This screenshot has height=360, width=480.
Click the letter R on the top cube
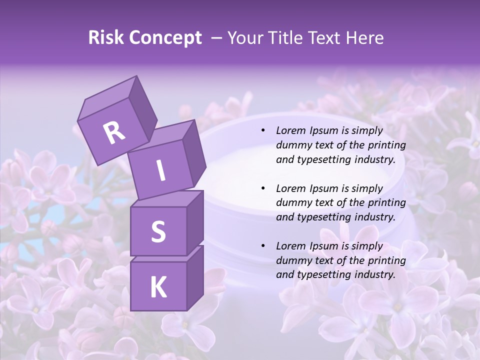point(114,133)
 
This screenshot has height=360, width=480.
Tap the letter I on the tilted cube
point(161,171)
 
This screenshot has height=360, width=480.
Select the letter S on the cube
point(158,231)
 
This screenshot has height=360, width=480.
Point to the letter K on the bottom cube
point(158,287)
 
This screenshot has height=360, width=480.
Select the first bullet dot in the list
point(263,131)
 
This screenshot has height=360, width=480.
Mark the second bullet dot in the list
point(263,188)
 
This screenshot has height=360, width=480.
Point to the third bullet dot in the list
point(263,246)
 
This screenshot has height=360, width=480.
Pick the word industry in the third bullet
point(376,274)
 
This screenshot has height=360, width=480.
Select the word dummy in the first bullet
point(292,145)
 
